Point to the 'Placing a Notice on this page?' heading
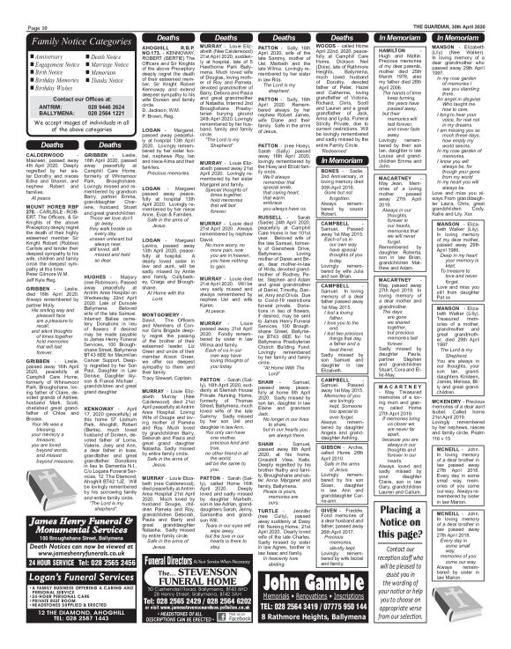click(475, 535)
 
